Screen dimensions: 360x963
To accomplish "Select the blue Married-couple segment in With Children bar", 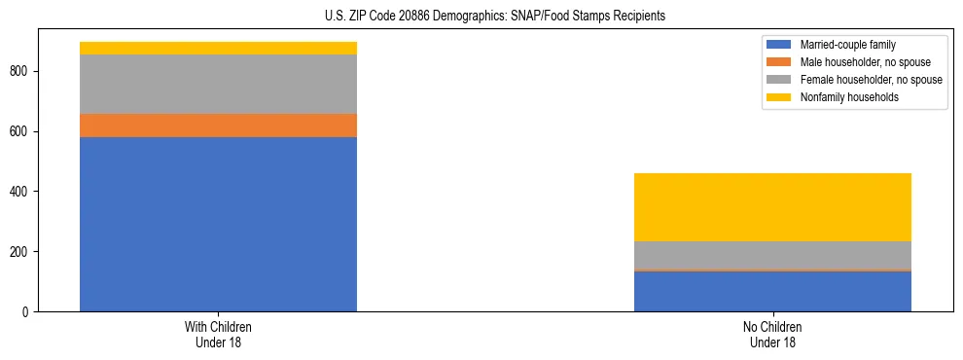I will [x=218, y=224].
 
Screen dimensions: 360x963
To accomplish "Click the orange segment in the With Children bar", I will [x=218, y=126].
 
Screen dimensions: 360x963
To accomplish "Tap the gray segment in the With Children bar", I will [x=218, y=84].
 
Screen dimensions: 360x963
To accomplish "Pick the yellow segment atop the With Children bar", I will [x=218, y=48].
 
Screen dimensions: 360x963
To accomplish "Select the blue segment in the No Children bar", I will [x=772, y=291].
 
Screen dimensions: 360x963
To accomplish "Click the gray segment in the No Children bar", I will [x=772, y=255].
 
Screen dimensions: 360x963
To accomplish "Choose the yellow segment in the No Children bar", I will [x=772, y=207].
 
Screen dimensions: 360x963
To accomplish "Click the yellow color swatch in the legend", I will [x=779, y=97].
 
